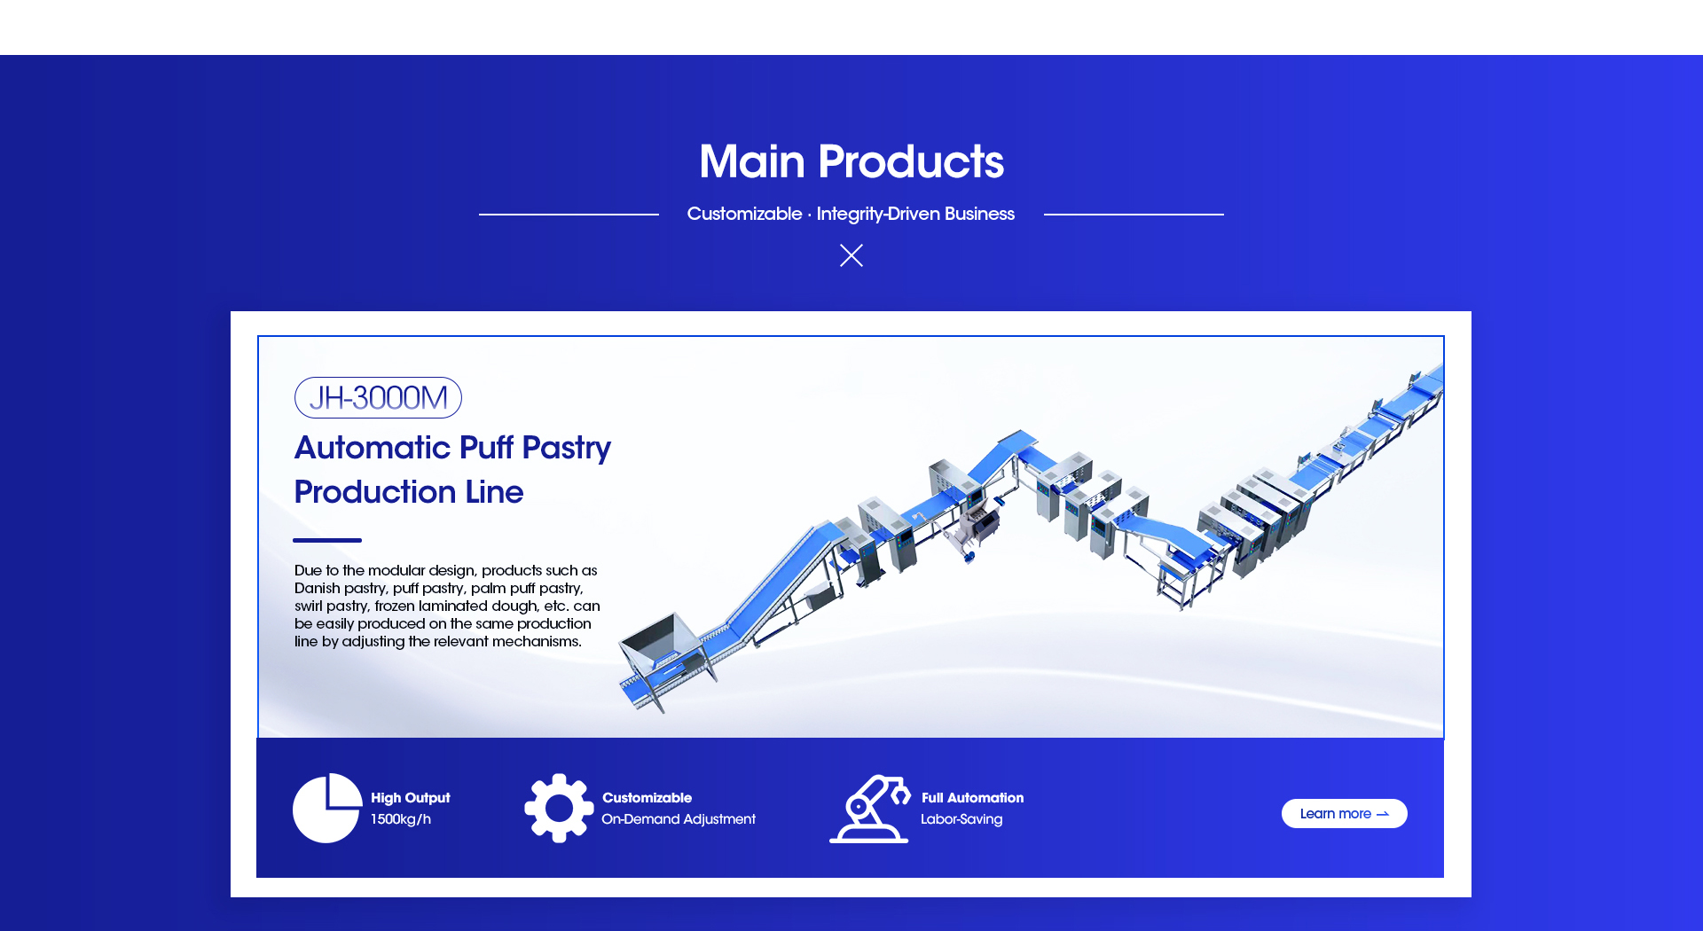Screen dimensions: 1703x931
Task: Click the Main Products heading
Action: pyautogui.click(x=851, y=161)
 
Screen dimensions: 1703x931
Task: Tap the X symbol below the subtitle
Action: pyautogui.click(x=851, y=255)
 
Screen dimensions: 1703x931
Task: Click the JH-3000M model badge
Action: pyautogui.click(x=378, y=397)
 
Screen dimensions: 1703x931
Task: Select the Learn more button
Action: pyautogui.click(x=1344, y=813)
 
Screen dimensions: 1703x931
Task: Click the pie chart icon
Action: pyautogui.click(x=326, y=808)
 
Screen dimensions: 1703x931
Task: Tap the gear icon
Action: pyautogui.click(x=559, y=808)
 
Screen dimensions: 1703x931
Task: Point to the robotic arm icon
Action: pyautogui.click(x=870, y=808)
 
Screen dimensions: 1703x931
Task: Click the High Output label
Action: pyautogui.click(x=410, y=798)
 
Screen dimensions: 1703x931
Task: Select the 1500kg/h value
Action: pyautogui.click(x=401, y=819)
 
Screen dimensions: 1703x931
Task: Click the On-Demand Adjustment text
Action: pyautogui.click(x=679, y=819)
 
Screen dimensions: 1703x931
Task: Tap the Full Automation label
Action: pyautogui.click(x=972, y=798)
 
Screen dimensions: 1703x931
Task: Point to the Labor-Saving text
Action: pyautogui.click(x=961, y=819)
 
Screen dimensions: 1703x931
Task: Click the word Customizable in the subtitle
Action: pyautogui.click(x=744, y=214)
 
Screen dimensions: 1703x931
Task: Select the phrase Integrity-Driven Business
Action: pyautogui.click(x=915, y=214)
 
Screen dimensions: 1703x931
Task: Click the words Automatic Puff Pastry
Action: pyautogui.click(x=452, y=449)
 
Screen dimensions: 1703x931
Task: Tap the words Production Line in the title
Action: pyautogui.click(x=409, y=492)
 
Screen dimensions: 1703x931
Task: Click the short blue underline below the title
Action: pyautogui.click(x=327, y=540)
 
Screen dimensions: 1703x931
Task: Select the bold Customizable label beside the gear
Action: pyautogui.click(x=647, y=798)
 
